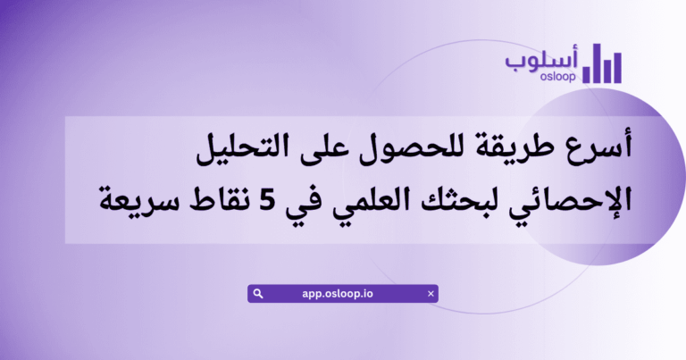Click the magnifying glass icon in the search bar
click(258, 293)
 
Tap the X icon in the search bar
click(431, 293)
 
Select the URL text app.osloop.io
click(343, 293)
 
